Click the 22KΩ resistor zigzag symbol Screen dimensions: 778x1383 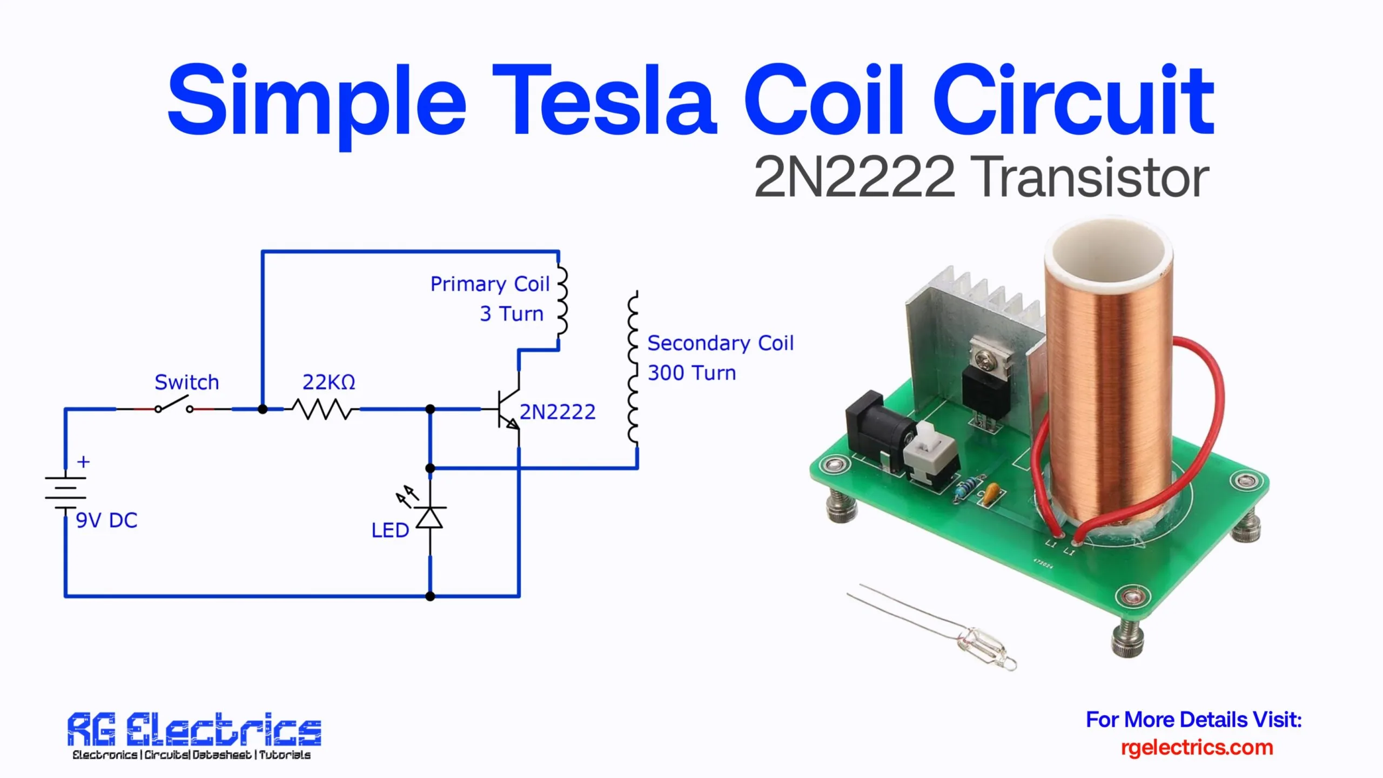322,409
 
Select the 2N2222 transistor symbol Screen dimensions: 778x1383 508,410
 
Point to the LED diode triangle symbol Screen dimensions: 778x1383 430,518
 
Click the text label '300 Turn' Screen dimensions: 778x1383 691,373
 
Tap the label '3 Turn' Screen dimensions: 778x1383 511,313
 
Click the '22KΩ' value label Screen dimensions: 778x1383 328,382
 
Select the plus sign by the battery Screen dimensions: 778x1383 83,462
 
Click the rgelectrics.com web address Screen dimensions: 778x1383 1197,747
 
